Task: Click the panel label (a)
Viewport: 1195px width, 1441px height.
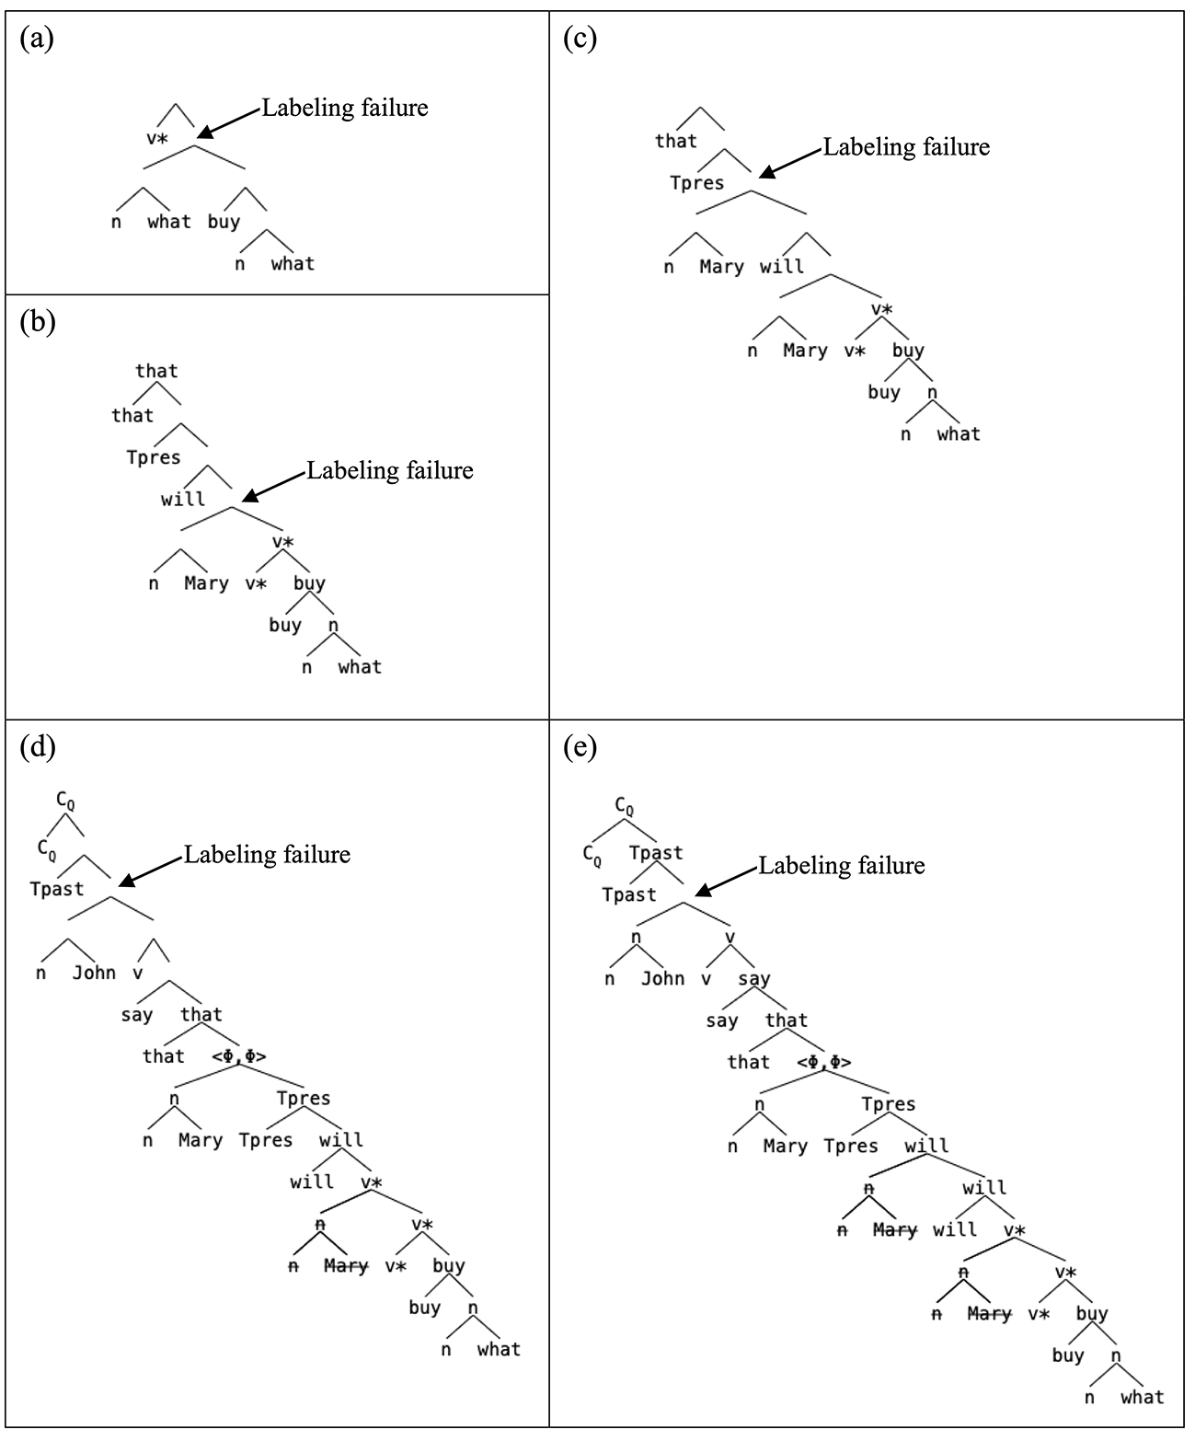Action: click(37, 39)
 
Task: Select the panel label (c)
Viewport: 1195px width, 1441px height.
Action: click(580, 39)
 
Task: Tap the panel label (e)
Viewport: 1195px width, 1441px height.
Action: click(580, 748)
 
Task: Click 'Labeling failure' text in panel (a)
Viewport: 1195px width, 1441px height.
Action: click(345, 109)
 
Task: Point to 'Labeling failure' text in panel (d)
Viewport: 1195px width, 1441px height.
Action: click(267, 855)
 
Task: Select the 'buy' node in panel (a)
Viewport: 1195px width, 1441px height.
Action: click(224, 222)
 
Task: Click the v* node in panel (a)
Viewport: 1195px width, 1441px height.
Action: click(156, 139)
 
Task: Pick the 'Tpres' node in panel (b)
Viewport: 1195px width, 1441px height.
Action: click(153, 457)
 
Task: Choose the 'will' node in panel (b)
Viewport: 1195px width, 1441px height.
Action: click(183, 499)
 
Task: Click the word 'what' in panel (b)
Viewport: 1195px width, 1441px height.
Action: click(360, 666)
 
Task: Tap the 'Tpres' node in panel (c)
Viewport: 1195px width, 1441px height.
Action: click(697, 183)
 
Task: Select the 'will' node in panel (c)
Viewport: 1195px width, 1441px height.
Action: click(782, 267)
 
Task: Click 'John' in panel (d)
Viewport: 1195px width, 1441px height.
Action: click(94, 974)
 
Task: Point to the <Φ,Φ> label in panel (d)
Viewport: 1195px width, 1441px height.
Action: click(239, 1056)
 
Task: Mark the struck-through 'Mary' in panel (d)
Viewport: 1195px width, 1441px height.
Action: click(346, 1266)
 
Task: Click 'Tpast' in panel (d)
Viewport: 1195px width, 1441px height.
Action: click(57, 889)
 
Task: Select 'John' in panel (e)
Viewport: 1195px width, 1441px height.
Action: click(662, 979)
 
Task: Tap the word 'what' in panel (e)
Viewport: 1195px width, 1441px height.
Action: click(1142, 1397)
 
